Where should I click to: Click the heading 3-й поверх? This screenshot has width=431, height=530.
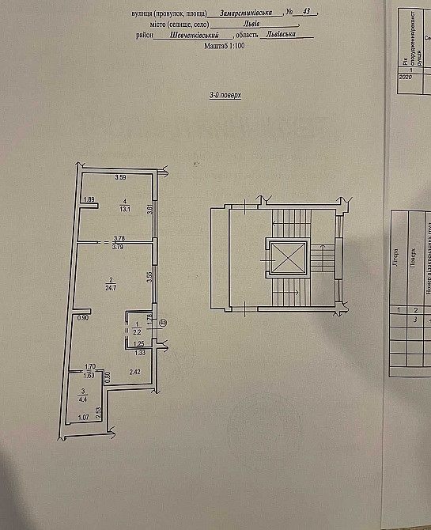[x=225, y=94]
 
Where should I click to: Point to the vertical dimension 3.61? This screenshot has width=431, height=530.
[x=149, y=210]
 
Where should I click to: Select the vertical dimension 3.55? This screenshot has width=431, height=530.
[x=149, y=278]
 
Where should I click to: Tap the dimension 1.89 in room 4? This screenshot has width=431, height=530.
[x=89, y=199]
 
